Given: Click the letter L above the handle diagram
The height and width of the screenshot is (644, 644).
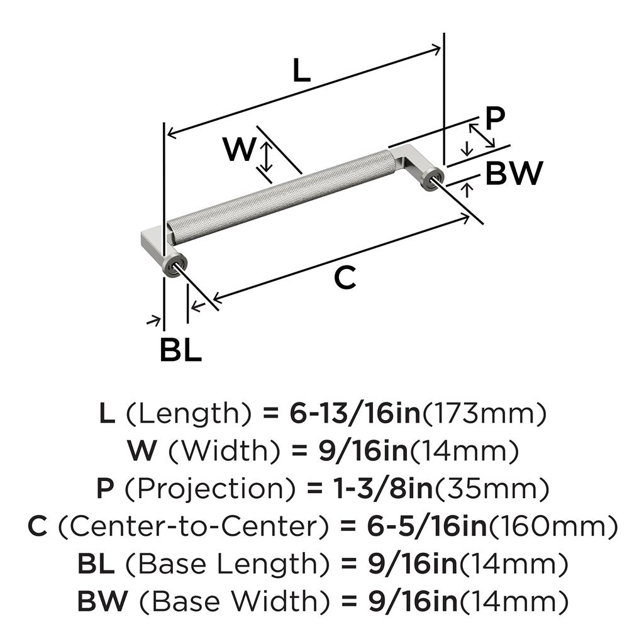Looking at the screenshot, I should pyautogui.click(x=302, y=71).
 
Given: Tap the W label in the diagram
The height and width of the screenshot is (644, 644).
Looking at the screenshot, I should pyautogui.click(x=239, y=150).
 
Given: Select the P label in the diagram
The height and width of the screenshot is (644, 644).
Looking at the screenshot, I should pyautogui.click(x=496, y=117).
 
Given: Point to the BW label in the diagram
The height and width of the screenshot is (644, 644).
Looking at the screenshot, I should pyautogui.click(x=514, y=173).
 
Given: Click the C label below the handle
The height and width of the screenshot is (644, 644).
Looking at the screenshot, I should pyautogui.click(x=345, y=277).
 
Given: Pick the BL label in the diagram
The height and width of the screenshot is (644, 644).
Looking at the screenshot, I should pyautogui.click(x=180, y=350).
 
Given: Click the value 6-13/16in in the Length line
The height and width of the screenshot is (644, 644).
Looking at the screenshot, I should pyautogui.click(x=354, y=413).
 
